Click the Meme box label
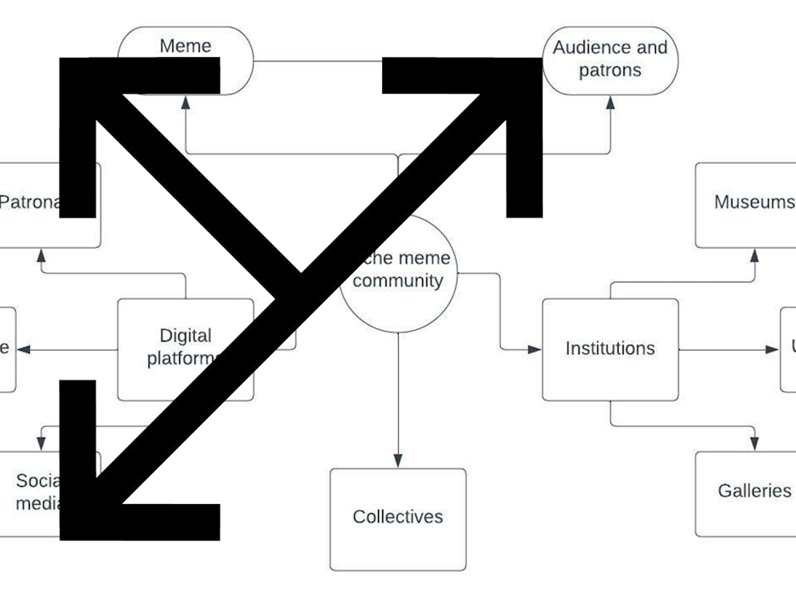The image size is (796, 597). (186, 46)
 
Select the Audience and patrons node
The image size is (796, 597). (610, 59)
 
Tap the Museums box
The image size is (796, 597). (750, 203)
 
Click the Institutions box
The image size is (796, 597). (610, 349)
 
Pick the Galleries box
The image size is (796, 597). (750, 492)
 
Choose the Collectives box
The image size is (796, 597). (398, 517)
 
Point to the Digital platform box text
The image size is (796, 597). (184, 347)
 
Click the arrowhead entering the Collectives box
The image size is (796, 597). (398, 461)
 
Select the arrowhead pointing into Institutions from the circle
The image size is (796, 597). (535, 349)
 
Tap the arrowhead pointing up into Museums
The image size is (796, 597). (755, 254)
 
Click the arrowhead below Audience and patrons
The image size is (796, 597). (611, 103)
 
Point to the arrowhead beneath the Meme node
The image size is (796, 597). (187, 103)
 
